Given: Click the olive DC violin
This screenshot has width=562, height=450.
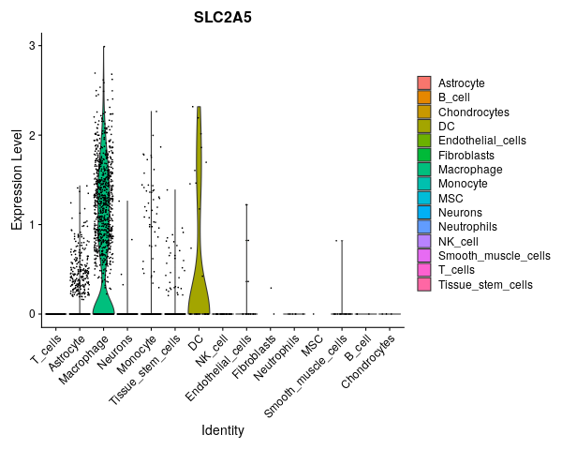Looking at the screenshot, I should [x=198, y=234].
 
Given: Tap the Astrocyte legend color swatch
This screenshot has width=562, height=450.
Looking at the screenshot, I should [x=424, y=83].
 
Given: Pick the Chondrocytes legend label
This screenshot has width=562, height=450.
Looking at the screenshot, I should [x=473, y=112].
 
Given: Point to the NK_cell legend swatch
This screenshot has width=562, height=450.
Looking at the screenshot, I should [x=424, y=241].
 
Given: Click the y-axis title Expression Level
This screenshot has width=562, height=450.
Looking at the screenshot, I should [x=16, y=180].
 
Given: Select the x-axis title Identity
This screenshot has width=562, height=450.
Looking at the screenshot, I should [x=222, y=430].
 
